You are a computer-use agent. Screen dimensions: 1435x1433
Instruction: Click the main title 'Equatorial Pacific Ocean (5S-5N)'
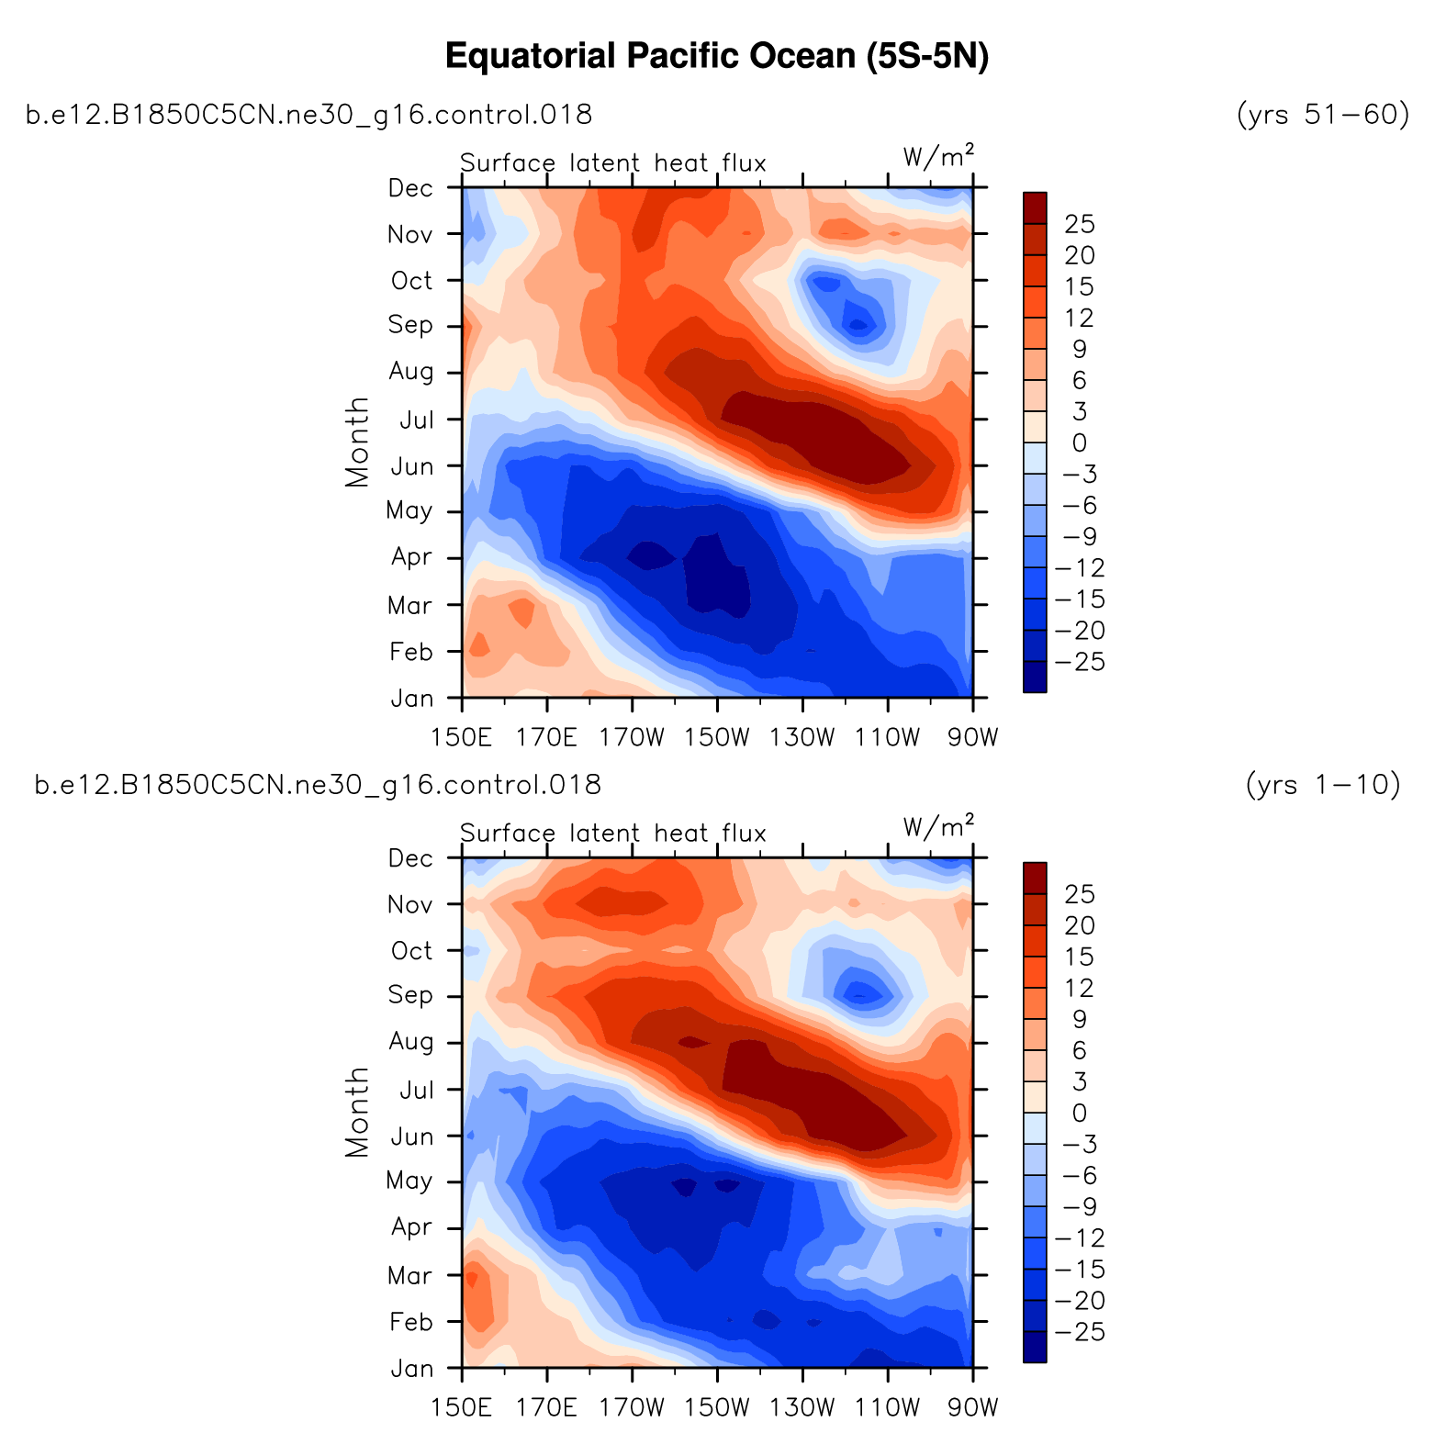click(717, 57)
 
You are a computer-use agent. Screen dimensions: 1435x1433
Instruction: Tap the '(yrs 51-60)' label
click(1322, 115)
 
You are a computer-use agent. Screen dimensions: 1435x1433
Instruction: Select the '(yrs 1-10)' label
click(1322, 785)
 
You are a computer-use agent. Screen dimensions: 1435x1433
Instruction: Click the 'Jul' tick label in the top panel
click(416, 420)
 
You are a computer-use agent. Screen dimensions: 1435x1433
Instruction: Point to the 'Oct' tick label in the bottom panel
click(411, 950)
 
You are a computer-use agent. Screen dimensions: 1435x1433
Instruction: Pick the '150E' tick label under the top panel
click(462, 736)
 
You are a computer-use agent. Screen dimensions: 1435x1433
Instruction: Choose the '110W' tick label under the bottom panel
click(889, 1406)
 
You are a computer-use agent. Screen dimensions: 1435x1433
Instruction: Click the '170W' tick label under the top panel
click(633, 736)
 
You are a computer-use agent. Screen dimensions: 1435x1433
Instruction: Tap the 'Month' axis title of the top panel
click(356, 442)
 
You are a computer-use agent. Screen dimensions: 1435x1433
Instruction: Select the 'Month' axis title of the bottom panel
click(356, 1113)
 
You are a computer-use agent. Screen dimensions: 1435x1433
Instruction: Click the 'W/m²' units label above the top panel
click(938, 157)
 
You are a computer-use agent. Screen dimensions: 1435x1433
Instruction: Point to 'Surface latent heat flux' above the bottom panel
click(613, 833)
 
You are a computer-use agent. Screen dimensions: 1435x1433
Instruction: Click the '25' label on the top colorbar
click(1080, 224)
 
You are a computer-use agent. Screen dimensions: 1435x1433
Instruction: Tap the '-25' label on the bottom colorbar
click(1081, 1332)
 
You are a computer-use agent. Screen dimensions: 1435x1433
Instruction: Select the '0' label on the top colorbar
click(1080, 442)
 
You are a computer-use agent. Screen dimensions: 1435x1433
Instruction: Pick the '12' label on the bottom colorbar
click(1080, 988)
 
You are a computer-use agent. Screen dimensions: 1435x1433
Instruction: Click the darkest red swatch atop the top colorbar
click(1035, 207)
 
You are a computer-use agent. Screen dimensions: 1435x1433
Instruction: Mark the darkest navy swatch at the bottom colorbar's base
click(1035, 1347)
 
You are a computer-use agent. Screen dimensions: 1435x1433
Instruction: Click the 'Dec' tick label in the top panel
click(410, 188)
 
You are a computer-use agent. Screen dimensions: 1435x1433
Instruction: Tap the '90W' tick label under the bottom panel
click(973, 1406)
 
